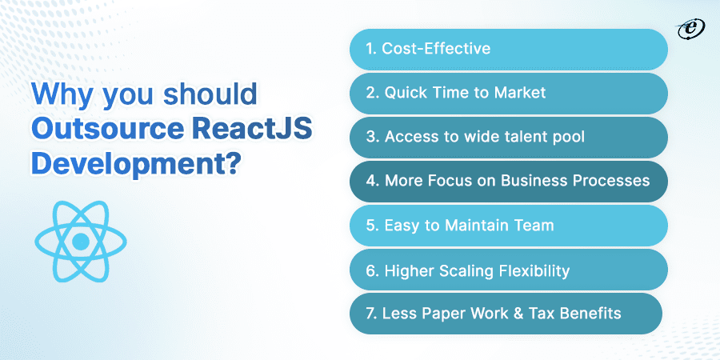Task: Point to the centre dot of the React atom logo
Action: [81, 241]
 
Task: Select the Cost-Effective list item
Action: [509, 49]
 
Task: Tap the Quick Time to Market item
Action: [509, 93]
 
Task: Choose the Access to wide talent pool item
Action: [509, 137]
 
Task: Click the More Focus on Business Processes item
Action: [509, 181]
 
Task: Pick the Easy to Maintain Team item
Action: [509, 226]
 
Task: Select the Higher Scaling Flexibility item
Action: [509, 270]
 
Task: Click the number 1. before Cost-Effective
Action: [371, 49]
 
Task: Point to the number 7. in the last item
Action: [371, 314]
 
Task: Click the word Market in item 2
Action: [519, 93]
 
